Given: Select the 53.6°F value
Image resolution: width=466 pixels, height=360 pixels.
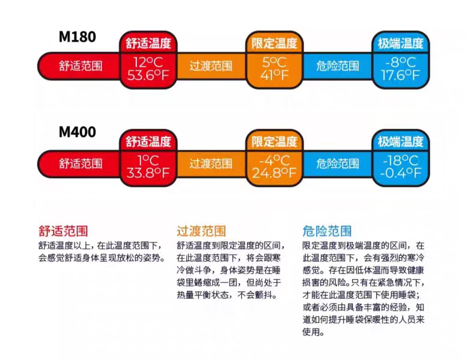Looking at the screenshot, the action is click(148, 75).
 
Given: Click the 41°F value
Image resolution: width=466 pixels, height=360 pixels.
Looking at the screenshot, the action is click(274, 75).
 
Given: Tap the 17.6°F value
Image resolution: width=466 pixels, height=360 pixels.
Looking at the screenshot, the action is click(400, 75).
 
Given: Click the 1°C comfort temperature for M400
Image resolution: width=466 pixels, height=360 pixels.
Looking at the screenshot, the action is click(148, 160).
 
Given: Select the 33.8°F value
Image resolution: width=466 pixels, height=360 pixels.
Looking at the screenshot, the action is click(148, 173).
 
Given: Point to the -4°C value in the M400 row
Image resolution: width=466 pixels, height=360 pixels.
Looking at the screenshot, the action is click(274, 160).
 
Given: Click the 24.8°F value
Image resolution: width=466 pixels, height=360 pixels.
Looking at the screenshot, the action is click(274, 173).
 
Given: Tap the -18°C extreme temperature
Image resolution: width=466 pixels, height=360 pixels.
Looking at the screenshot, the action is click(400, 160).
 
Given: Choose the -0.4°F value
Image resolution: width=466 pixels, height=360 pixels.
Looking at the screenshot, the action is click(400, 173).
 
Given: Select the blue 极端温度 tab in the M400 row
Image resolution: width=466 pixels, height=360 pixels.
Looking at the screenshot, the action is click(400, 142).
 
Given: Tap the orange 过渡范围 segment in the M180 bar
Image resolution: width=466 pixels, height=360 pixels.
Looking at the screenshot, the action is click(211, 66).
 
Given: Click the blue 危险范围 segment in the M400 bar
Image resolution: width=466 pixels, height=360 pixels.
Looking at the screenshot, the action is click(337, 163).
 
